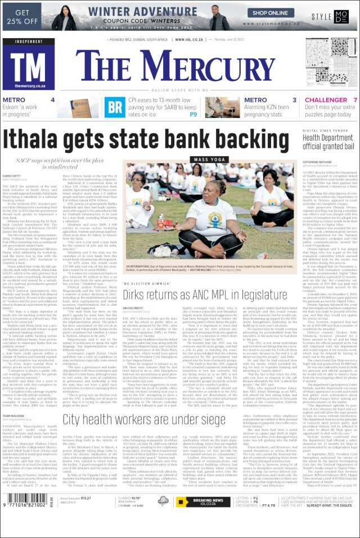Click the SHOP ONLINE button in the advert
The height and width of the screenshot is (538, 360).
(x=258, y=12)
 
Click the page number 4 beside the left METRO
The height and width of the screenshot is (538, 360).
(x=52, y=100)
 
